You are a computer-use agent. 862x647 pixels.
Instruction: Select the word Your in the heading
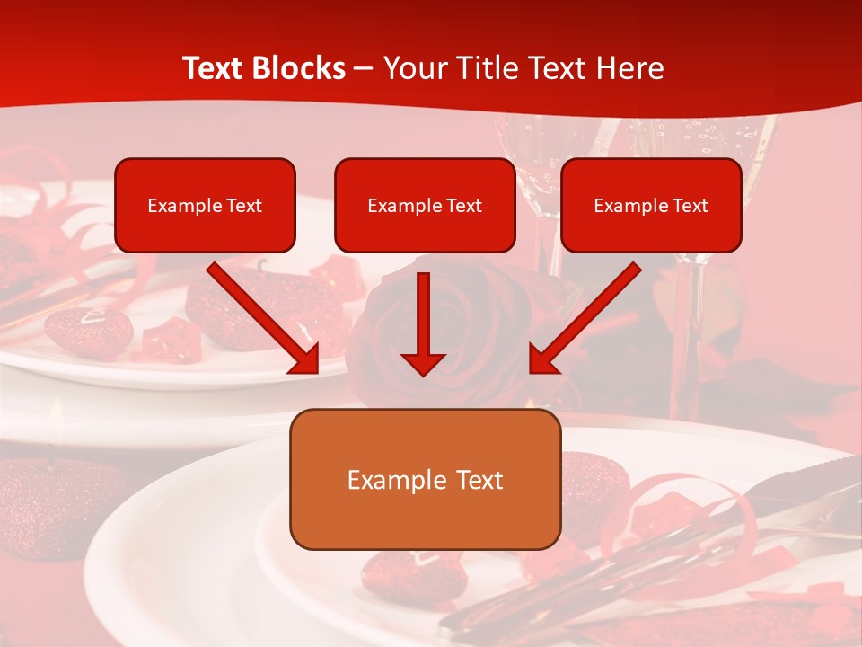pos(412,68)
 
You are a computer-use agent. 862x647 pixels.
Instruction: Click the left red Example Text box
pos(205,205)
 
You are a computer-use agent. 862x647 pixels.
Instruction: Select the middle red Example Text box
pos(425,205)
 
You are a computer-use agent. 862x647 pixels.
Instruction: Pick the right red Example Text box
pos(651,205)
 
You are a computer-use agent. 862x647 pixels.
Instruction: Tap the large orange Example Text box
pos(425,479)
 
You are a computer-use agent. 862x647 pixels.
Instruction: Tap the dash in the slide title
pos(364,69)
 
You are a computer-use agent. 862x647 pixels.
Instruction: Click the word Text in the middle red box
pos(464,205)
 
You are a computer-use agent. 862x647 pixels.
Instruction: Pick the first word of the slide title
pos(215,68)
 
